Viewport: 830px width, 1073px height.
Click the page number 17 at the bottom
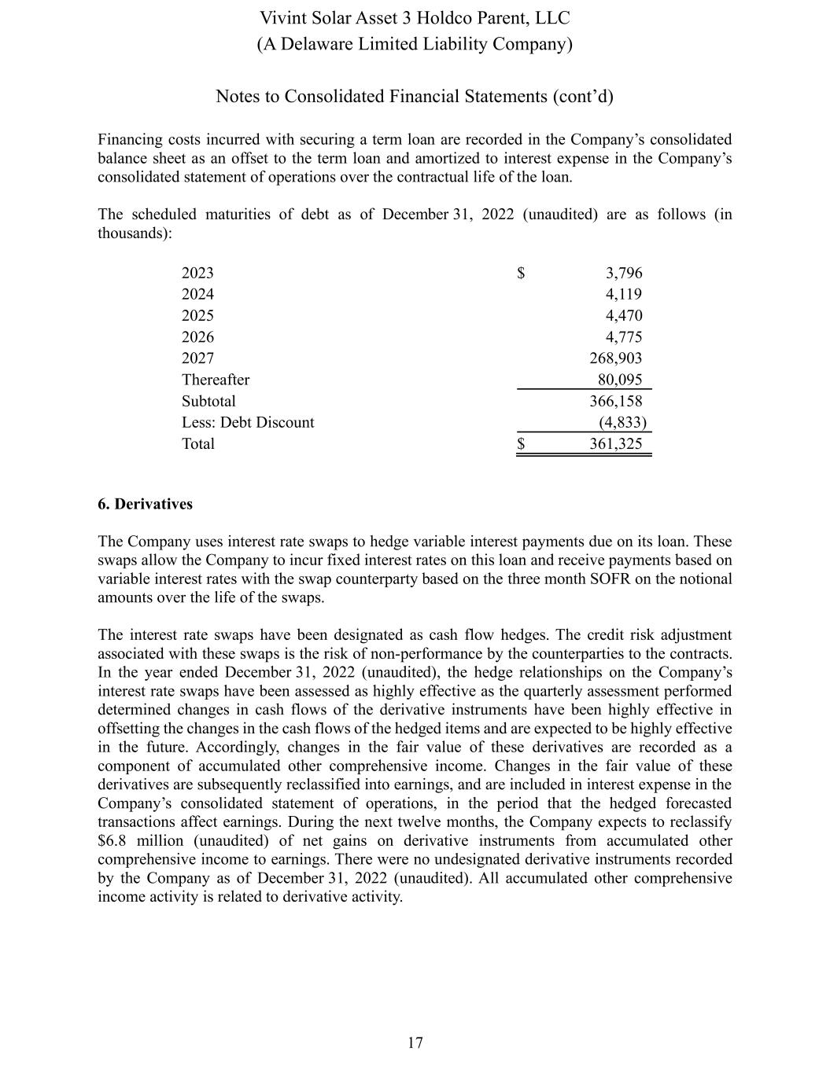(x=415, y=1043)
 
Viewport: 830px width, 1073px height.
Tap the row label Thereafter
(x=215, y=380)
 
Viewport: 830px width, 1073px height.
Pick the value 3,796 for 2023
(x=623, y=273)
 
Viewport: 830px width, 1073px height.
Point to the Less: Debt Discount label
(x=247, y=422)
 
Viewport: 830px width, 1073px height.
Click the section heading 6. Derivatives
(x=145, y=504)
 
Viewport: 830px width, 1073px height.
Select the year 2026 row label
(x=197, y=337)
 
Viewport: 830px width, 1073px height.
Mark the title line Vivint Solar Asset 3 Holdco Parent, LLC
(x=415, y=18)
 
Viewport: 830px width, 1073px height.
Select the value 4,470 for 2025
(x=623, y=315)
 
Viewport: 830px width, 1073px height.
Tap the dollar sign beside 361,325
(x=521, y=443)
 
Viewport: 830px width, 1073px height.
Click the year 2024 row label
(x=197, y=294)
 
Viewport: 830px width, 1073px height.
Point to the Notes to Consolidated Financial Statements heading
(x=415, y=97)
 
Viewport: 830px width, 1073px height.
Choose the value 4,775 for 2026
(x=623, y=337)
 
